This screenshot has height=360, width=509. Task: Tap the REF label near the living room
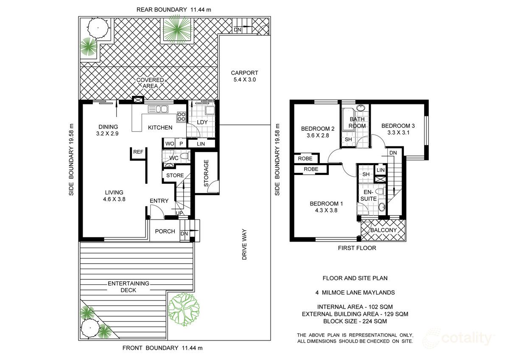[138, 152]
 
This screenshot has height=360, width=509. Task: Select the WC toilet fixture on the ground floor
[183, 157]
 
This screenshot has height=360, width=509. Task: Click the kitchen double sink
[158, 110]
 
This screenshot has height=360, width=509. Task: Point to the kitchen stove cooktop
[181, 116]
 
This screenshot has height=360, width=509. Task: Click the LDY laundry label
[203, 122]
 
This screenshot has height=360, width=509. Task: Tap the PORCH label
[165, 231]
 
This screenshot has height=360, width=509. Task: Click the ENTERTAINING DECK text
[128, 287]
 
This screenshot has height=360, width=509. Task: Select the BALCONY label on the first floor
[383, 230]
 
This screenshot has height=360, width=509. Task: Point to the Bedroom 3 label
[398, 126]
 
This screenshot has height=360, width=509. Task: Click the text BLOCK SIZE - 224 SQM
[355, 321]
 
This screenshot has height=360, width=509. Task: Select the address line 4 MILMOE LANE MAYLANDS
[355, 292]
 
